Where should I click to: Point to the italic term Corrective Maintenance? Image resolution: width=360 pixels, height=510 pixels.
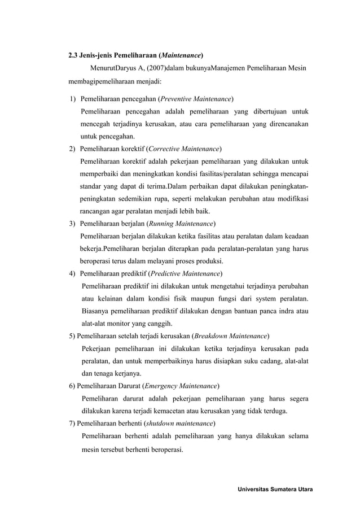point(183,149)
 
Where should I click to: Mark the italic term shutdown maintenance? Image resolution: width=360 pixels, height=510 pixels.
point(179,423)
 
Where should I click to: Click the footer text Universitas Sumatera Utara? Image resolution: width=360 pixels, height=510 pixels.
point(277,488)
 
